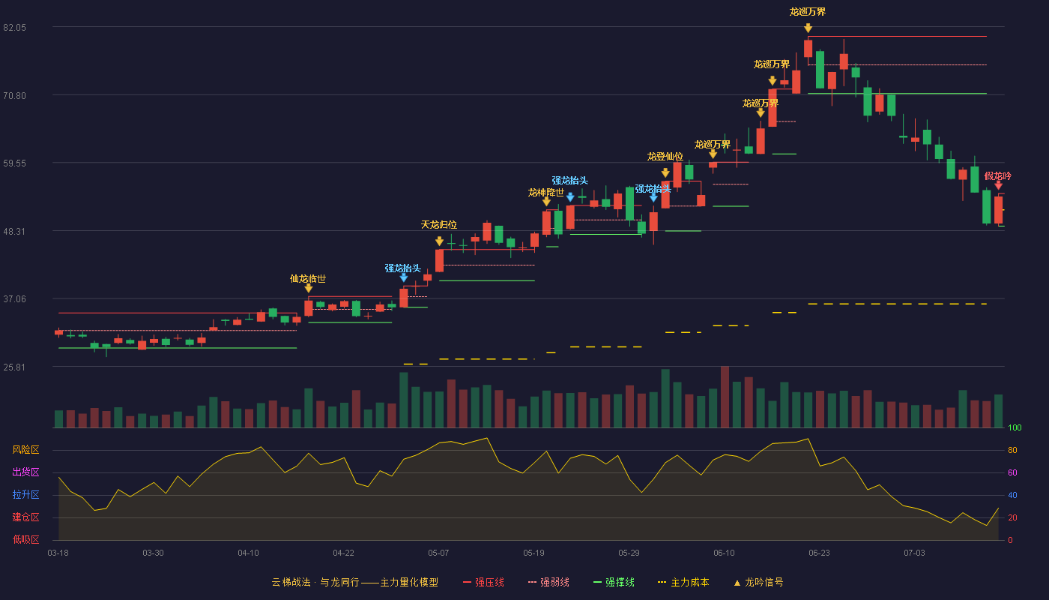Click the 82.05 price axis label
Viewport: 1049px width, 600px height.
coord(14,28)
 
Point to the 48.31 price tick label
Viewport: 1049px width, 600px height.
coord(14,232)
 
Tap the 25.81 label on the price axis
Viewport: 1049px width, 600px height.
coord(14,367)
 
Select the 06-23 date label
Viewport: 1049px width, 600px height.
coord(819,553)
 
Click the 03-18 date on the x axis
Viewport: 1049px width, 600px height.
coord(58,553)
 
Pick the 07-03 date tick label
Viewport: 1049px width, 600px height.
coord(914,553)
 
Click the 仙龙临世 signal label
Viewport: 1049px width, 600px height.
coord(308,279)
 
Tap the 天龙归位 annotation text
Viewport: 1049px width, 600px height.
coord(439,224)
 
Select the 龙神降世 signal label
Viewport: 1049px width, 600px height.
coord(546,192)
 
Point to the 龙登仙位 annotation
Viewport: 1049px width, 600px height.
coord(665,157)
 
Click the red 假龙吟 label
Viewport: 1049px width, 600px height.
coord(997,175)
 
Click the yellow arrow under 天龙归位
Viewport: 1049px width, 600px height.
coord(439,241)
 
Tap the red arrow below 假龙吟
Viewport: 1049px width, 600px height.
coord(998,186)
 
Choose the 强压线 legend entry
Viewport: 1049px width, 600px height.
coord(483,582)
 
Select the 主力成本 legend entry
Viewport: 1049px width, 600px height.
coord(683,582)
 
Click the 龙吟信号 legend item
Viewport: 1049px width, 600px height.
coord(758,582)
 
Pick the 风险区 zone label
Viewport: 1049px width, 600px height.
coord(25,450)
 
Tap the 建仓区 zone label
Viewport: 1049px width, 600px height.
coord(25,517)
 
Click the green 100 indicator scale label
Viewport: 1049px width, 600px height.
coord(1015,427)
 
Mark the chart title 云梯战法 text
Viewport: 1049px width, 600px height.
coord(291,582)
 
